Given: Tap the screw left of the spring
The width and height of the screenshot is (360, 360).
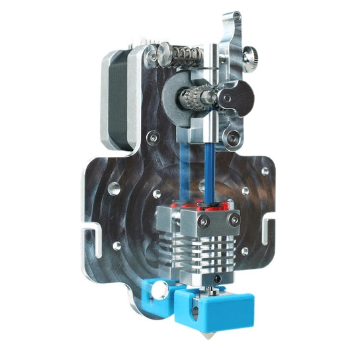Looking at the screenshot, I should point(154,58).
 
